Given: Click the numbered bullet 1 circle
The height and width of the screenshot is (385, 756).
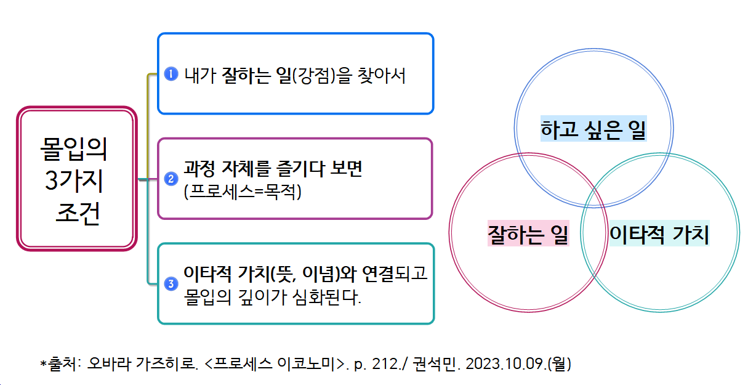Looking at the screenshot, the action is coord(172,74).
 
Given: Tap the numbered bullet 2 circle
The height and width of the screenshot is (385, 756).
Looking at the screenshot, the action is coord(172,179).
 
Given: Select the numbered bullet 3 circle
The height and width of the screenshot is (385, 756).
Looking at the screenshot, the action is coord(172,284).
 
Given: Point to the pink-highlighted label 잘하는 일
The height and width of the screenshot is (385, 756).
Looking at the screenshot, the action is coord(528,234).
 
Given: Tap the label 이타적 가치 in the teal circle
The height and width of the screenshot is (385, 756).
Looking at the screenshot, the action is coord(659,234).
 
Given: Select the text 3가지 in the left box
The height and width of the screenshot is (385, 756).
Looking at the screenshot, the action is coord(73,182).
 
